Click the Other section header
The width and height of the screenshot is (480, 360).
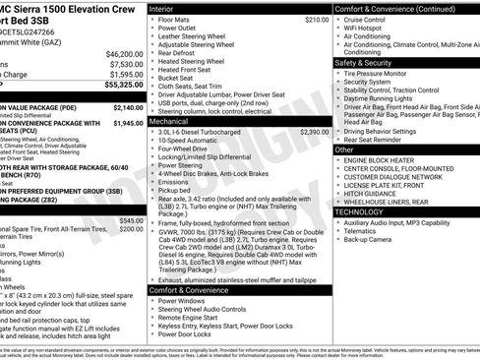[x=346, y=150]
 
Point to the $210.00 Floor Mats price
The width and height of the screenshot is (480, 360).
[x=317, y=19]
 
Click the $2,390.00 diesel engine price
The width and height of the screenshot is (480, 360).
[x=314, y=131]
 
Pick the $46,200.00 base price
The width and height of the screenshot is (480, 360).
[x=124, y=53]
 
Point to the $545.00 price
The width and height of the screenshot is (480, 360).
[x=130, y=221]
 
